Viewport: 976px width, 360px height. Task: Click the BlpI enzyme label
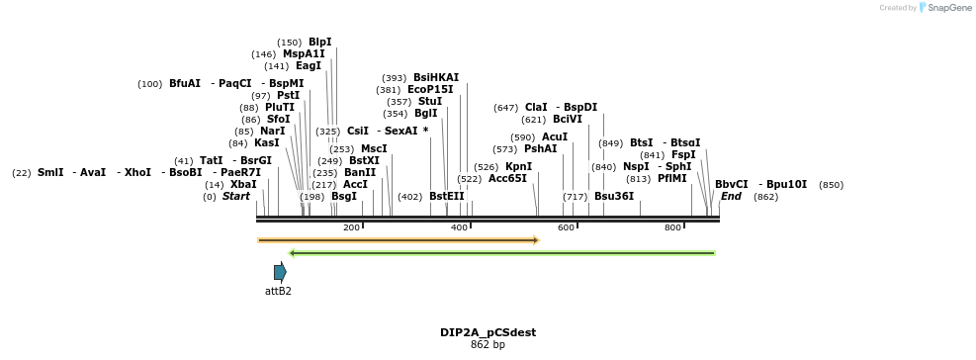319,43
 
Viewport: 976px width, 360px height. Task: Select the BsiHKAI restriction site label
436,77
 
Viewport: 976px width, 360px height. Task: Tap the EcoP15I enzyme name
430,90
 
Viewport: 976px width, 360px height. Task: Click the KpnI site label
518,167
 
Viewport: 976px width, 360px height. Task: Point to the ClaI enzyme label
536,108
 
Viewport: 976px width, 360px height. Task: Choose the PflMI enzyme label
671,179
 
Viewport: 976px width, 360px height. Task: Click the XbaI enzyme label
243,185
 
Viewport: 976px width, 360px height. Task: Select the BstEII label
447,197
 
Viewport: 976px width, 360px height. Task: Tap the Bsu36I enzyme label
614,197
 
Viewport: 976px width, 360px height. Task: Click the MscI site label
374,149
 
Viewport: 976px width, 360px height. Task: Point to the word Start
236,197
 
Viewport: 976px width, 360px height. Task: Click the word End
731,197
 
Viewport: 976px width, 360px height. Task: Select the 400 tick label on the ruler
459,228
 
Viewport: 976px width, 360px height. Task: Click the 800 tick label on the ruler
672,228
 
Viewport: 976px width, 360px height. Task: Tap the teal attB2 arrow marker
280,272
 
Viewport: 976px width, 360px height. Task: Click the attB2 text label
278,291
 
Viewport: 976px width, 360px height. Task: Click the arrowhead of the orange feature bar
535,239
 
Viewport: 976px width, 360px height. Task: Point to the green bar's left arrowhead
293,253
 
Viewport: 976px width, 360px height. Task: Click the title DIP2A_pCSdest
488,332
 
